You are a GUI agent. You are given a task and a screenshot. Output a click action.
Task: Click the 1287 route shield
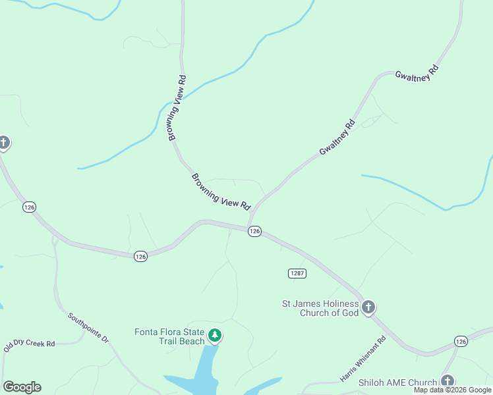coord(297,273)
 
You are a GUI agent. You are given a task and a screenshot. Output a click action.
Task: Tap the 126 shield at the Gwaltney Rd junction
coord(255,231)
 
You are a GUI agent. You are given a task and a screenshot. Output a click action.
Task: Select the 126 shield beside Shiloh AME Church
coord(461,340)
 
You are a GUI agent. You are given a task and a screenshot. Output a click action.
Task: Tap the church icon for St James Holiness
coord(368,307)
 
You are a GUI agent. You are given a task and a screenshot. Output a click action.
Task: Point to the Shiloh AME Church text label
coord(397,382)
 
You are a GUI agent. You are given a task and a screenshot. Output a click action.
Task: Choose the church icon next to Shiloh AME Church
coord(448,381)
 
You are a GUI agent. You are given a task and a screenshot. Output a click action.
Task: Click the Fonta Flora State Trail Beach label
coord(169,336)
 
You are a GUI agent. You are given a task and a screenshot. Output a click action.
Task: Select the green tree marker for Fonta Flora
coord(214,336)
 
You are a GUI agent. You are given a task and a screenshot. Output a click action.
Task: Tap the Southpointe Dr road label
coord(88,326)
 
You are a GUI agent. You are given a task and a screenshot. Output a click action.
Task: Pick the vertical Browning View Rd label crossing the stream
coord(177,107)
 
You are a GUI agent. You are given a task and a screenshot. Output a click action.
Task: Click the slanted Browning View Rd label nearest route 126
coord(221,192)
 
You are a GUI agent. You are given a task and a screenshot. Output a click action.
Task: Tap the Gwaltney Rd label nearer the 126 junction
coord(337,138)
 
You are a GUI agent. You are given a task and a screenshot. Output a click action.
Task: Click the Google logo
coord(22,387)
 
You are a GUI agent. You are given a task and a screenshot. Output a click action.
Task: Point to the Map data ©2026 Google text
coord(452,390)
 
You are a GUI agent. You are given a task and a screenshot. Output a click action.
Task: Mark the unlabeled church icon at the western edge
coord(3,143)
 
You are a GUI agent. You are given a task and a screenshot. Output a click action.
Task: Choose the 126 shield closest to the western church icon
coord(28,207)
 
